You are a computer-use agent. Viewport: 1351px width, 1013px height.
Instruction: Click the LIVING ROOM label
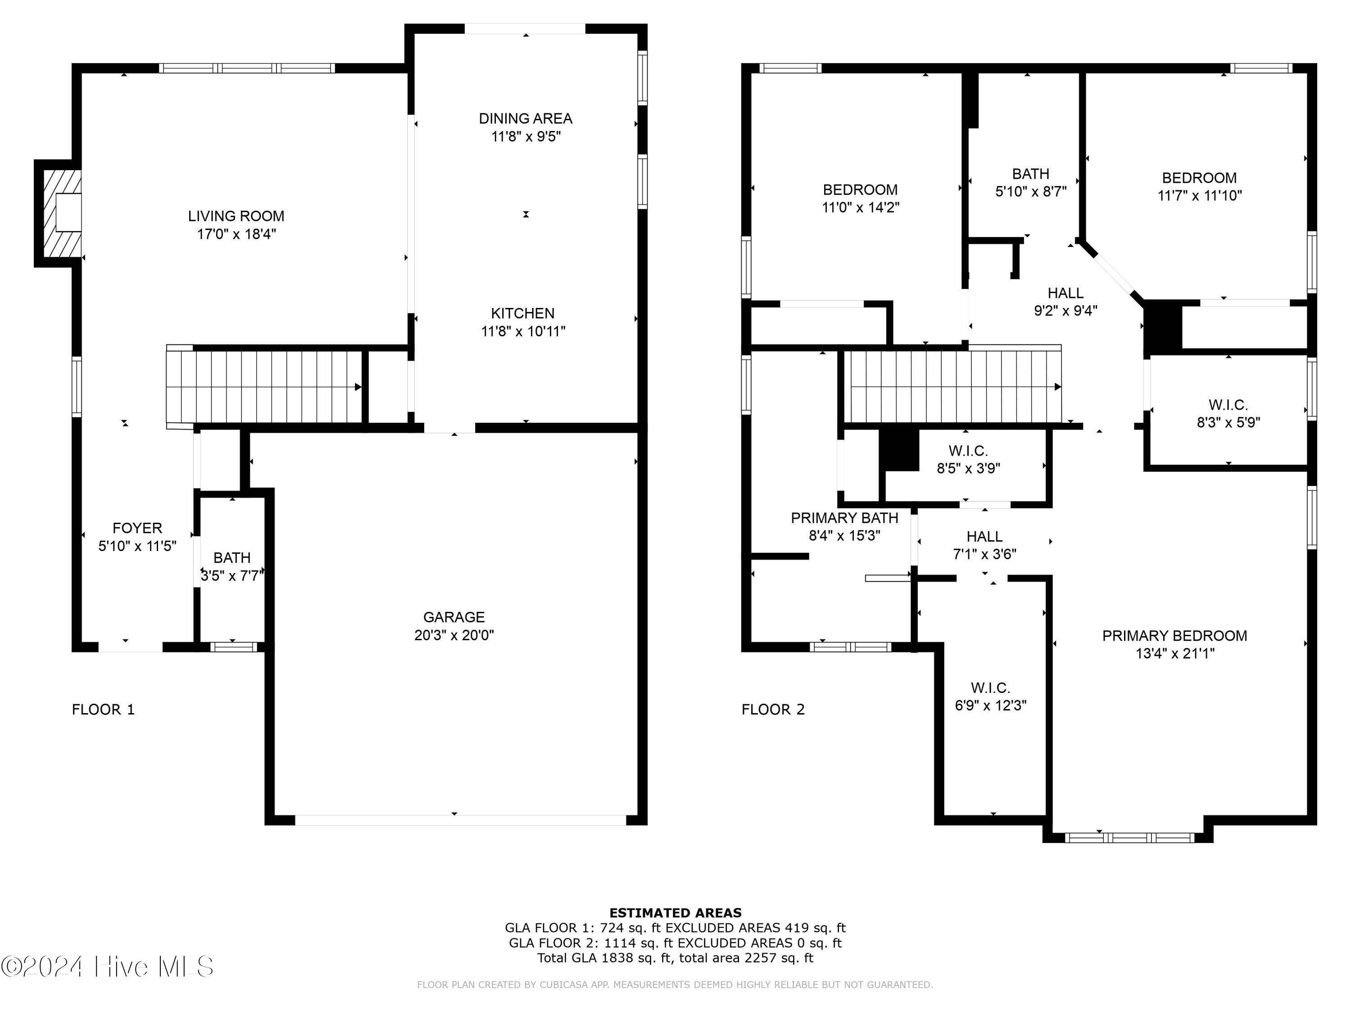tap(236, 216)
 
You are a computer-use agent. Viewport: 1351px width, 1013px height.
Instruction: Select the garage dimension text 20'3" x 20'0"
tap(454, 635)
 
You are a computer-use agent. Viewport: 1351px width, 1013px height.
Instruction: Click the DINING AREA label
tap(525, 118)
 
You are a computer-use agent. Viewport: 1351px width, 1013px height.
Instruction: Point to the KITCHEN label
tap(523, 313)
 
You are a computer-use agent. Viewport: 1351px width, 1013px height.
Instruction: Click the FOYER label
tap(137, 528)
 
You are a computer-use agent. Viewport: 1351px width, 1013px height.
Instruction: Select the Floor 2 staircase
tap(953, 386)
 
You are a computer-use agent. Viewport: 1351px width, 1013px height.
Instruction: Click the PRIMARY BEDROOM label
tap(1174, 636)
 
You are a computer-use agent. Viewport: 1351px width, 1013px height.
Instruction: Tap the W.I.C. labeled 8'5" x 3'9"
tap(968, 460)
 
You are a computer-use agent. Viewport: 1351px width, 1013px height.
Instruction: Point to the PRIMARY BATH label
tap(844, 518)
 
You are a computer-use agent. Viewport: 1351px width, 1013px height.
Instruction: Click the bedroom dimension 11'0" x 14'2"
tap(860, 208)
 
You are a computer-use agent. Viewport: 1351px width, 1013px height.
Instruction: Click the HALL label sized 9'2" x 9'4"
tap(1065, 293)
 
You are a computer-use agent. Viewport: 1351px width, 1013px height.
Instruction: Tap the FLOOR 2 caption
tap(773, 710)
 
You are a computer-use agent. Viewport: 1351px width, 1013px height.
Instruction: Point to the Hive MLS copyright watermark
tap(108, 967)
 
